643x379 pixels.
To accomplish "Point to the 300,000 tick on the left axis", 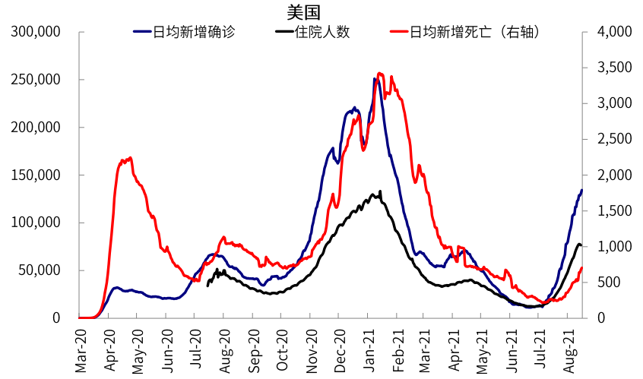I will tap(36, 32).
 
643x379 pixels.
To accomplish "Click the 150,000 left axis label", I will tap(36, 175).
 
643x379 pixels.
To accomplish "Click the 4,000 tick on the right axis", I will tap(615, 32).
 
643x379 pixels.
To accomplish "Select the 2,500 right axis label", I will tap(615, 139).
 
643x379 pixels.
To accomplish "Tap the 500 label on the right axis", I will tap(608, 282).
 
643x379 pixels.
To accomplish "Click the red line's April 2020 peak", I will tap(130, 158).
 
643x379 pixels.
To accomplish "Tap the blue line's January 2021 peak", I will tap(375, 78).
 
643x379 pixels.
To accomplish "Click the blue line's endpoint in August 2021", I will tap(581, 191).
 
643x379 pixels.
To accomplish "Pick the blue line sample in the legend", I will tap(142, 33).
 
